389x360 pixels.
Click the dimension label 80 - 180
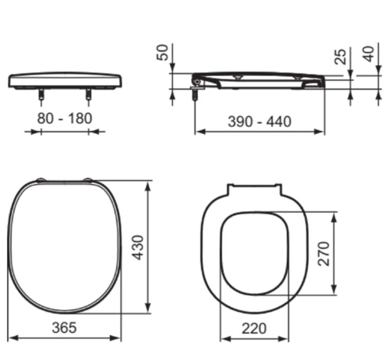(x=65, y=118)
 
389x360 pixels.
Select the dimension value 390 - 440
(x=259, y=122)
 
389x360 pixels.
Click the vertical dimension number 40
(x=368, y=54)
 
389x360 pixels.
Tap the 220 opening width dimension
(x=253, y=328)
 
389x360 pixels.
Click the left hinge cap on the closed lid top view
(x=40, y=180)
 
